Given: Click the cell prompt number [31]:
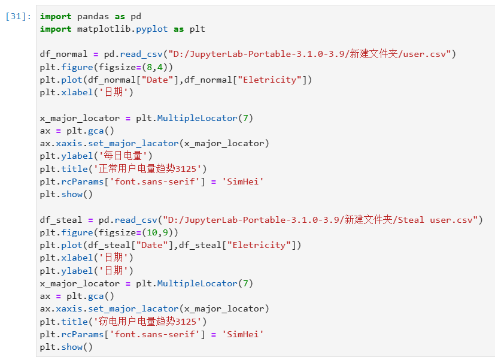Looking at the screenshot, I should (18, 16).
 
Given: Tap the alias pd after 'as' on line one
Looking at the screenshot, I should (136, 16).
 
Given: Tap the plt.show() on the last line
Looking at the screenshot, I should (66, 347).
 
